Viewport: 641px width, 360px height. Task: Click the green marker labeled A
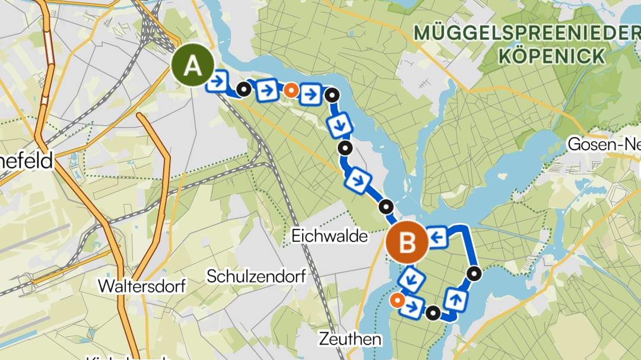point(192,66)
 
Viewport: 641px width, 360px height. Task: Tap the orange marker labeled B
point(407,243)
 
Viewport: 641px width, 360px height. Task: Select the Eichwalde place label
point(329,236)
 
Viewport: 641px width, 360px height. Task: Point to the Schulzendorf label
point(256,276)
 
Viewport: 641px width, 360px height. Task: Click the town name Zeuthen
point(350,339)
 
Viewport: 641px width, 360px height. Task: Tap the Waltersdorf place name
point(142,286)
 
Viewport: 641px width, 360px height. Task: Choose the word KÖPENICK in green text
point(552,56)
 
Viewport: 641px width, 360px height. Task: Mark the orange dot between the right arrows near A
point(290,90)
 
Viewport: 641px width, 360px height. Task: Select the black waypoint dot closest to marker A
point(243,90)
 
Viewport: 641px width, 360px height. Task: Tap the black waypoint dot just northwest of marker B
point(386,207)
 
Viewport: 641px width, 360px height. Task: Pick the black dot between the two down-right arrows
point(344,148)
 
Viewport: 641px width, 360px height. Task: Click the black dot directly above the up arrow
point(474,273)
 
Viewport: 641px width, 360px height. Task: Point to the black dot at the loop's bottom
point(434,313)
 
